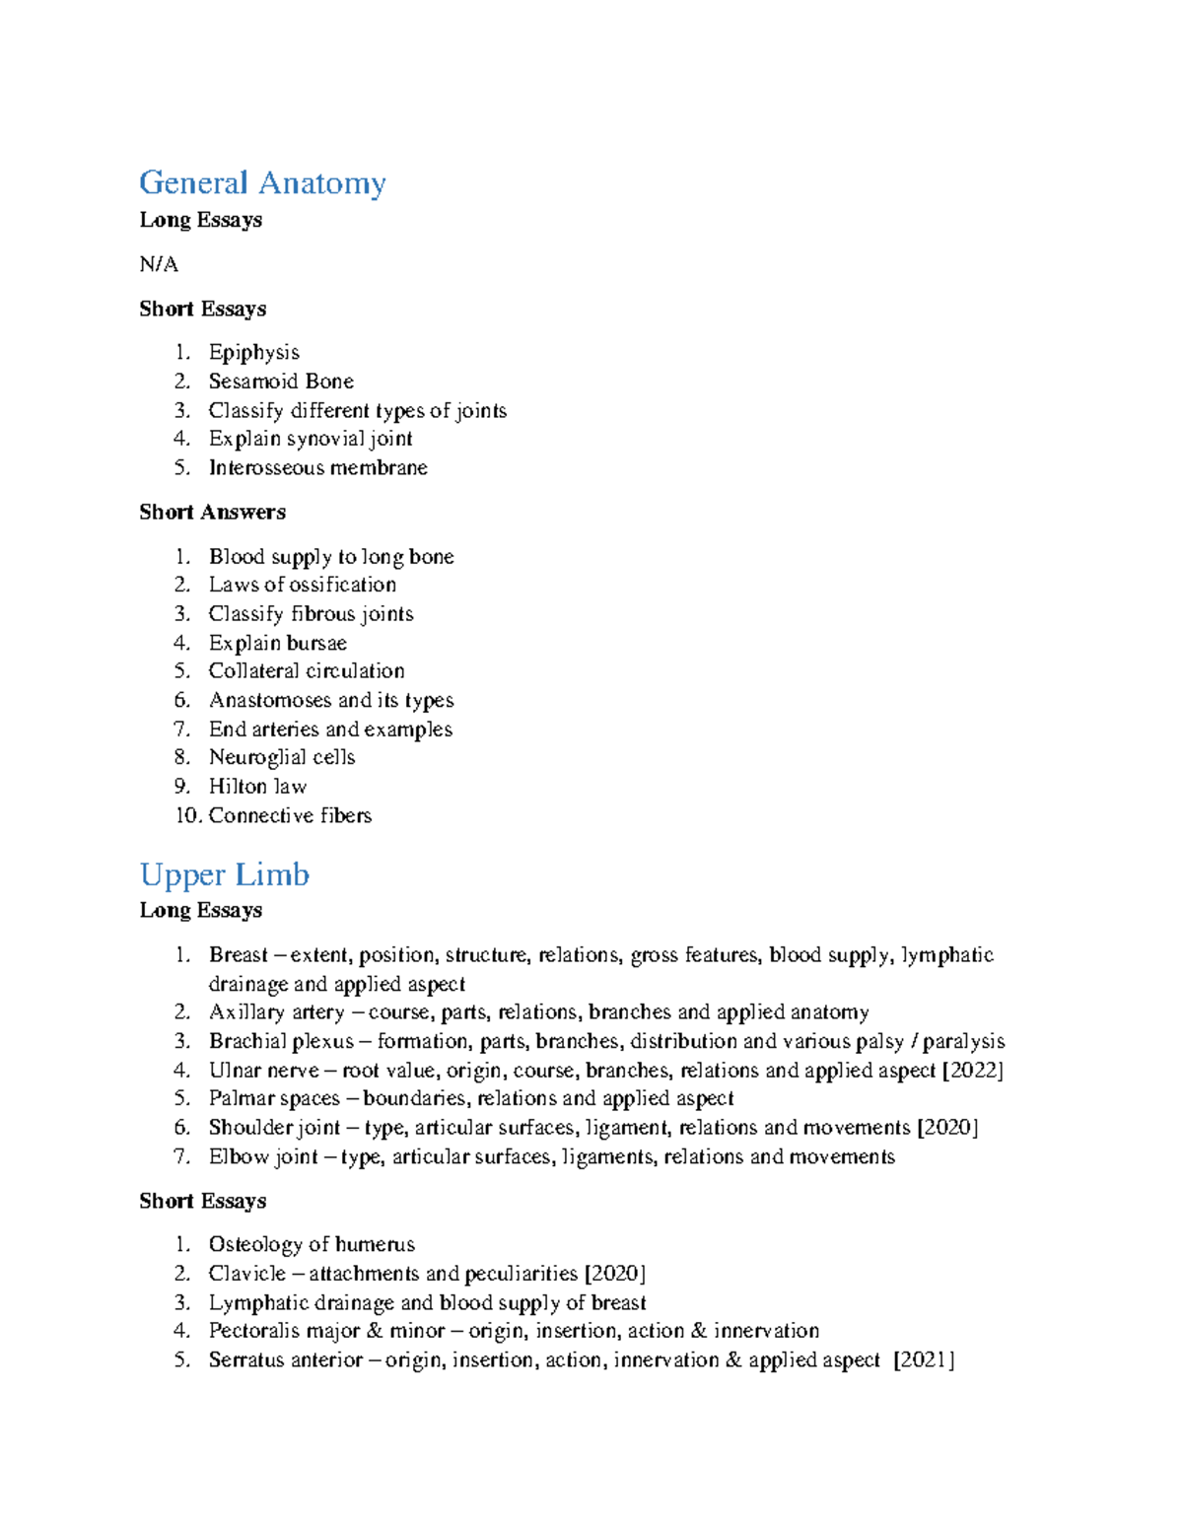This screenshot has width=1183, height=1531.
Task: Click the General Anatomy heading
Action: point(262,183)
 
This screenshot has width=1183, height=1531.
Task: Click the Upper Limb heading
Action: point(224,874)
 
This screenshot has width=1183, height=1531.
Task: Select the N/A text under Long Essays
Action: point(159,264)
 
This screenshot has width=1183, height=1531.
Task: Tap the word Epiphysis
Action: point(253,352)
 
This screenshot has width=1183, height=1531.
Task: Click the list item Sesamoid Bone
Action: point(281,381)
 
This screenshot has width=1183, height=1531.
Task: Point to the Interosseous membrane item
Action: point(317,467)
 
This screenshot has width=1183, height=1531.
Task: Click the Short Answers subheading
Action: point(212,512)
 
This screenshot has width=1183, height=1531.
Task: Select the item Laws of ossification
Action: point(302,585)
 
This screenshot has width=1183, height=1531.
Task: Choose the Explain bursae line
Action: point(277,643)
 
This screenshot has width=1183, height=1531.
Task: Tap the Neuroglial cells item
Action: point(281,757)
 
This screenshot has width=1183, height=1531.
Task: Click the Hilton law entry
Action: point(257,787)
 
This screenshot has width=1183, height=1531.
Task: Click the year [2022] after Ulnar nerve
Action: point(972,1070)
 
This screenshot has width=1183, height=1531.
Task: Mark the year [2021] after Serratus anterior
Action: point(924,1360)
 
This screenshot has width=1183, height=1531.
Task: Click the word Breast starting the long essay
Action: point(238,954)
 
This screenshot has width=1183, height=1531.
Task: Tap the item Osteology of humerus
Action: point(312,1244)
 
